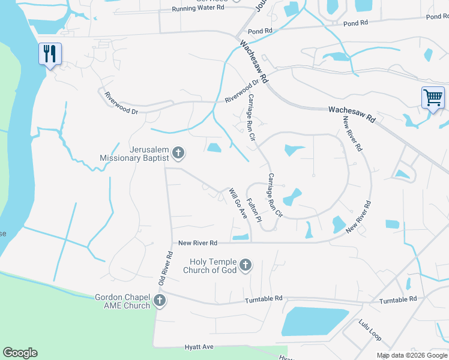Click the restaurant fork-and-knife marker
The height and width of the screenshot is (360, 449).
49,54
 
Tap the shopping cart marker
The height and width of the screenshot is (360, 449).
432,97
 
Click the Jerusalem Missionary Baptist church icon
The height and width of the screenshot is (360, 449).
178,154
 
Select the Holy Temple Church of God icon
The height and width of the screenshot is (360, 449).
245,265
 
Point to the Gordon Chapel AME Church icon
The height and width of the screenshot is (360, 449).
159,301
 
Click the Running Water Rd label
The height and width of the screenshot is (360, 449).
197,8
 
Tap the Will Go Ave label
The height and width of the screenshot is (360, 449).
238,203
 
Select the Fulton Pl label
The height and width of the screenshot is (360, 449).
255,211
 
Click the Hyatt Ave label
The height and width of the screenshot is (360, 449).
199,347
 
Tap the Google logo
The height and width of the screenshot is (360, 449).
20,353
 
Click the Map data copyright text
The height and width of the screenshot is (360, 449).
412,355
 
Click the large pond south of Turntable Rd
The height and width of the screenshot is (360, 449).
314,321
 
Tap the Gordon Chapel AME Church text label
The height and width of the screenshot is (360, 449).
122,301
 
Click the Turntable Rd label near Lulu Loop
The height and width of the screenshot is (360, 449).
398,299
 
